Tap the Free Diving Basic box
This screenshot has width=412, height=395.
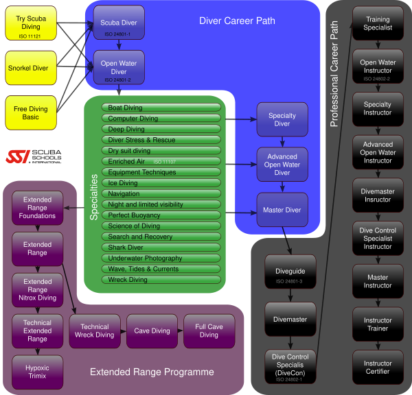[x=31, y=113]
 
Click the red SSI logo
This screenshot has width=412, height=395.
[x=19, y=157]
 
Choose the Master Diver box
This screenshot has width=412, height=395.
[x=282, y=210]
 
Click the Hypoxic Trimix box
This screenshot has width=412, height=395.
[x=37, y=372]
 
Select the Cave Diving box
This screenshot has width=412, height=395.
[x=152, y=331]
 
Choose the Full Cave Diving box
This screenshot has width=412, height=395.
[x=209, y=331]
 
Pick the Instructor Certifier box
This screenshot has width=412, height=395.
[x=377, y=368]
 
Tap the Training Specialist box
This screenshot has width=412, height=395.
[x=377, y=24]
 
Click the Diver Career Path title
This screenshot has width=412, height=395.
[x=237, y=21]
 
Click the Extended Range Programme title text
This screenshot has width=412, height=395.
[x=152, y=372]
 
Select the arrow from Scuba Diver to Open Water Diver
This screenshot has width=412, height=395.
[x=119, y=45]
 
